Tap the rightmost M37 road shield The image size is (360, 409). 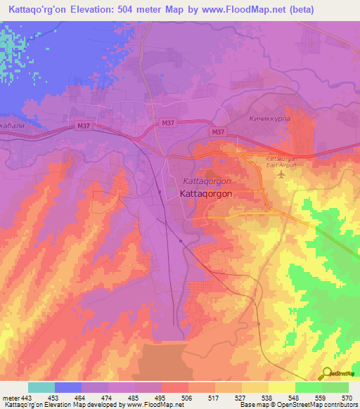pos(218,131)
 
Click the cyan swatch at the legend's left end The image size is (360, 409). pos(41,387)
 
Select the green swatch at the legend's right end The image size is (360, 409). pos(335,387)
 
